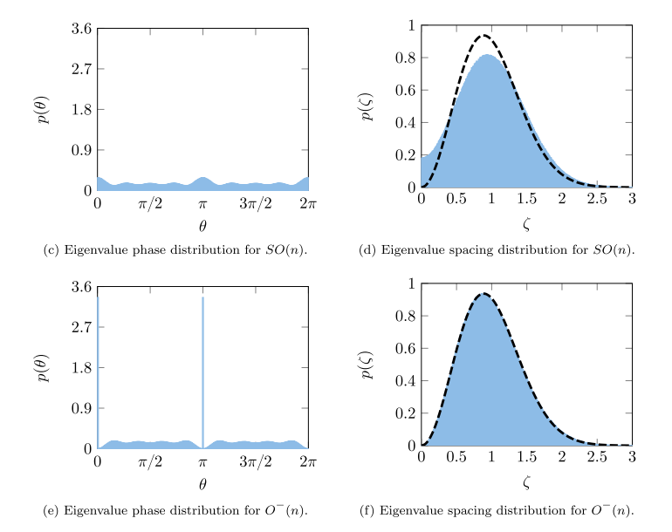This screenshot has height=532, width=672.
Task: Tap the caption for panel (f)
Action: point(497,509)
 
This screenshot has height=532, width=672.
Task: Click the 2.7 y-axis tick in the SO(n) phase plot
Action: point(82,69)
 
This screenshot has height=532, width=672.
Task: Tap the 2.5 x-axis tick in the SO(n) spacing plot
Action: point(596,200)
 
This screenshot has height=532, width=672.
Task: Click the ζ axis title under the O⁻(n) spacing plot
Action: point(526,482)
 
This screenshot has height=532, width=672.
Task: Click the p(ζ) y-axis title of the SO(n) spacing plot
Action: point(368,106)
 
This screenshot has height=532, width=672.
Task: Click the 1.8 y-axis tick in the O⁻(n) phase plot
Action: point(82,367)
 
